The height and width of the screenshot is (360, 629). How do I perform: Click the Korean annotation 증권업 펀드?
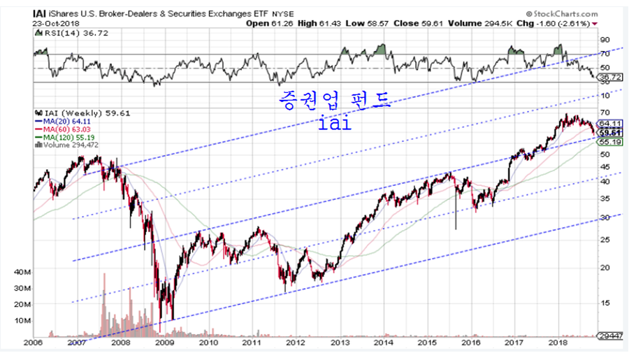(x=332, y=106)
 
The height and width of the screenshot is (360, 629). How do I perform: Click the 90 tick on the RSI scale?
(x=605, y=40)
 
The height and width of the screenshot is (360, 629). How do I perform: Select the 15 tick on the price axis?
(x=605, y=303)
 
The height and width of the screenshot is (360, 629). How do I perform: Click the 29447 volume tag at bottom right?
(x=611, y=336)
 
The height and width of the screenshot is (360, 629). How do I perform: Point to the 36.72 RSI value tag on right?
(x=611, y=76)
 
